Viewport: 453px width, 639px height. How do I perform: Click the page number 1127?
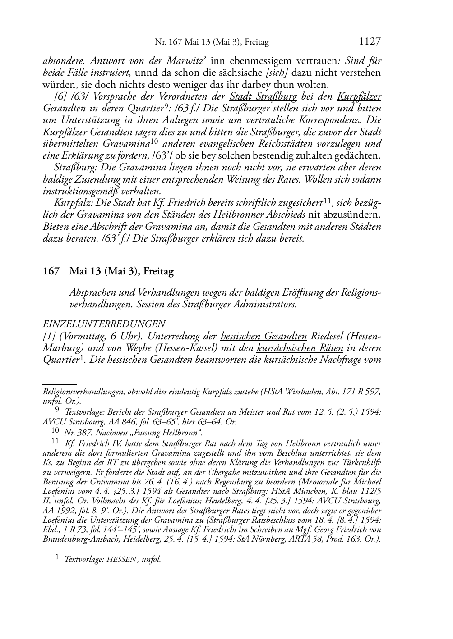tap(370, 42)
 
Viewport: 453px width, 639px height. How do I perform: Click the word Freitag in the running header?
tap(257, 43)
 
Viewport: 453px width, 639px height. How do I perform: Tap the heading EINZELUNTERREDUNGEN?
tap(104, 324)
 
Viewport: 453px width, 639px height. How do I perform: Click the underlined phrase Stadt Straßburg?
tap(263, 96)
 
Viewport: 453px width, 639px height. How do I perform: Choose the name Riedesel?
tap(331, 336)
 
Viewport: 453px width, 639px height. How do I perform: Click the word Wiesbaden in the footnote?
tap(304, 392)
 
